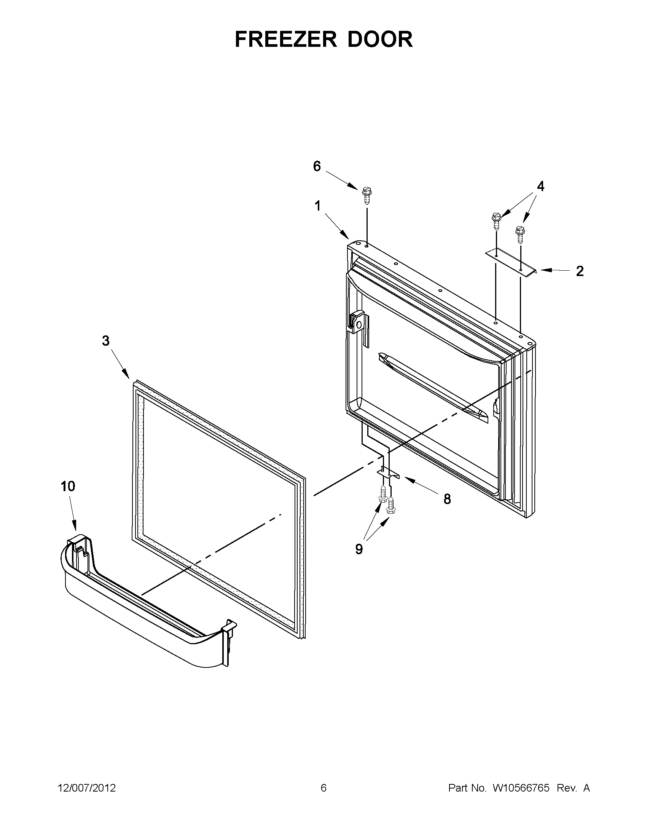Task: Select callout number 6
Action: [x=317, y=166]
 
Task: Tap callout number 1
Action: [x=317, y=206]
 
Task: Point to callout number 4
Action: [x=540, y=187]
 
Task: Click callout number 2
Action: [x=580, y=271]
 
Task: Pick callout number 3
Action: [x=105, y=341]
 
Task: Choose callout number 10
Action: [x=68, y=487]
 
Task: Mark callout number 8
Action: [x=447, y=499]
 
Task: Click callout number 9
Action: [x=359, y=549]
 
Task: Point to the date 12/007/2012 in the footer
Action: [x=87, y=788]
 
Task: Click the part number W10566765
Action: [x=521, y=788]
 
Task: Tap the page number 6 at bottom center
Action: [x=323, y=788]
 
